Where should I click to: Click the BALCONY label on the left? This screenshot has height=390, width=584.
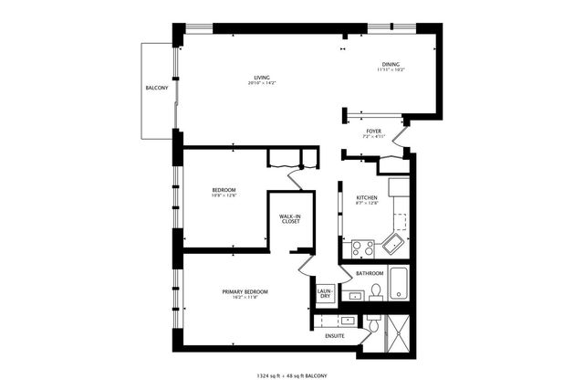[x=155, y=89]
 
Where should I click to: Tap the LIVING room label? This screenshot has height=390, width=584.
[x=262, y=77]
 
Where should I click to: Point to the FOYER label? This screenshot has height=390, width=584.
[x=374, y=131]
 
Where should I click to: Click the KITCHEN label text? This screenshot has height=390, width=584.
[x=367, y=197]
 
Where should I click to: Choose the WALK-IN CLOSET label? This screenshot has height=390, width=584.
[x=290, y=217]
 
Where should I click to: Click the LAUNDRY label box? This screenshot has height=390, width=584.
[x=324, y=294]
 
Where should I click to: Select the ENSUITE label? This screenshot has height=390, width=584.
[x=334, y=336]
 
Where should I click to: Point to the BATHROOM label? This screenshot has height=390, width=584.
[x=370, y=273]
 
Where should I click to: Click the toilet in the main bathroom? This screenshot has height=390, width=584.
[x=375, y=291]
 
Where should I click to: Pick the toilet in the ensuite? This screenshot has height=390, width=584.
[x=374, y=325]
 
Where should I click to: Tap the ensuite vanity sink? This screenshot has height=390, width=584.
[x=348, y=321]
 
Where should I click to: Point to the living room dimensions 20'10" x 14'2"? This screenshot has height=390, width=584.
[x=262, y=83]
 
